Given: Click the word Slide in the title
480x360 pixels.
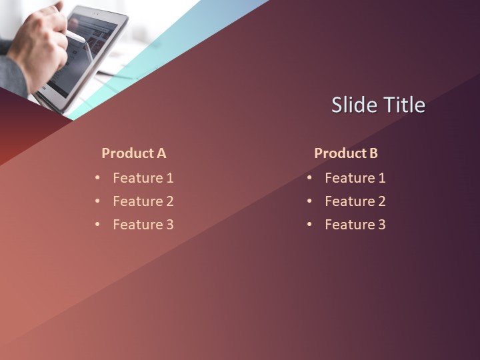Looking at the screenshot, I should [355, 105].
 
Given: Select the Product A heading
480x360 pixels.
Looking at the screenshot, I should [133, 153].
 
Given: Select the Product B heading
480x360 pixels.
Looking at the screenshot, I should [346, 153].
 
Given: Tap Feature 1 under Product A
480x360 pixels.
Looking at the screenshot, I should [143, 178].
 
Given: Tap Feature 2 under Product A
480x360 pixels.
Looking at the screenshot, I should [143, 201].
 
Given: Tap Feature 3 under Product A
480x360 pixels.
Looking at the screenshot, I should [143, 225].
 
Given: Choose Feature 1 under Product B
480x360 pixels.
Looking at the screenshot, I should [355, 178].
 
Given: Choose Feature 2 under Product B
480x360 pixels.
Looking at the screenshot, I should [355, 201].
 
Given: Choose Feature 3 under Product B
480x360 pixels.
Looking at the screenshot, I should [355, 225].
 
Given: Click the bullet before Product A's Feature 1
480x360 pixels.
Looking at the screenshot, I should [97, 178].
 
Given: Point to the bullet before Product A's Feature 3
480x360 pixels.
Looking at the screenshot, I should [97, 225].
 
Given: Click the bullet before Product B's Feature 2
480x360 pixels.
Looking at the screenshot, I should [309, 201].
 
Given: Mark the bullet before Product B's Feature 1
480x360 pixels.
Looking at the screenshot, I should [309, 178].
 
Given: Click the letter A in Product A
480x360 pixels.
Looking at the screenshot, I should [161, 153].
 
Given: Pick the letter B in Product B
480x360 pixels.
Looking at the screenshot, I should [373, 153].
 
